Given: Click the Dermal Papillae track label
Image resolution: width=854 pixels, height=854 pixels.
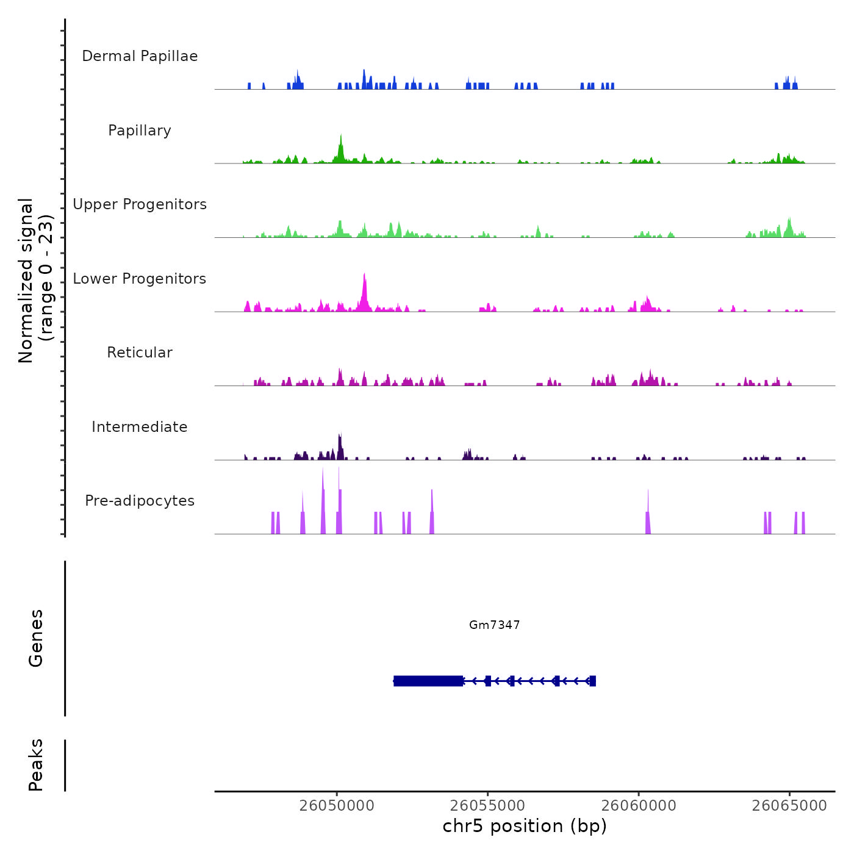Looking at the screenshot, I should tap(140, 56).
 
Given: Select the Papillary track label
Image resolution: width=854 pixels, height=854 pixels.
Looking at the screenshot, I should tap(140, 131).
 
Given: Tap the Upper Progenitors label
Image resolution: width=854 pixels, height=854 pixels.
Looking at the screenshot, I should tap(140, 204).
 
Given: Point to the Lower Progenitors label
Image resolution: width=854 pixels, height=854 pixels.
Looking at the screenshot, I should tap(140, 279).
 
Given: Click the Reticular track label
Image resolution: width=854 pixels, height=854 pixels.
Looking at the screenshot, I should tap(140, 353).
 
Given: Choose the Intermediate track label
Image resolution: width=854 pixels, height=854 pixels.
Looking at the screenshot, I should tap(140, 427).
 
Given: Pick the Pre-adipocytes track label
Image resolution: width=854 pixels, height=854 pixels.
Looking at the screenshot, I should tap(140, 501).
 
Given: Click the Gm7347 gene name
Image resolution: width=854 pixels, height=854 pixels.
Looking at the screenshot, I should tap(494, 625).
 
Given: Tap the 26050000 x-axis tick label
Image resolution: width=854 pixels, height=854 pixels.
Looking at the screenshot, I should tap(337, 805).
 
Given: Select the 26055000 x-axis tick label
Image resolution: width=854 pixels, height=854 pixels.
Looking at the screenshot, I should tap(488, 805).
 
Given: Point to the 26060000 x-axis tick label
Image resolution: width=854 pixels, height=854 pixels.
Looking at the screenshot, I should tap(639, 805).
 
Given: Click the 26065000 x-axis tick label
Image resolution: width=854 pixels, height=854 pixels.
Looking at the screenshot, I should tap(789, 805).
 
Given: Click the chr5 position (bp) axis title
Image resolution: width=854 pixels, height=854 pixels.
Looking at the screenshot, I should tap(525, 826).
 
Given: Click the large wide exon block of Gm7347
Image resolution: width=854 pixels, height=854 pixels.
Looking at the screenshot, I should tap(428, 681).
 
